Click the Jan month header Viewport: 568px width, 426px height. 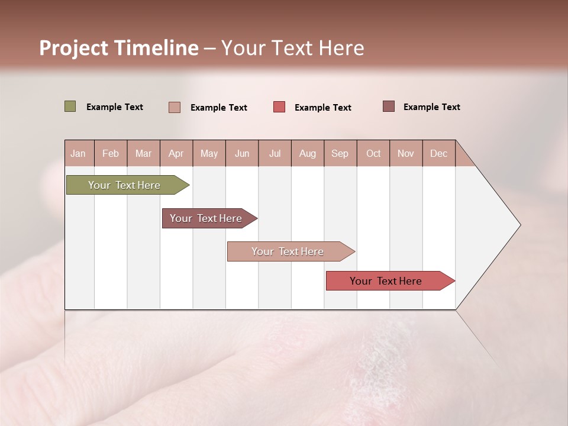tap(78, 153)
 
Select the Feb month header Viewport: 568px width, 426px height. tap(111, 153)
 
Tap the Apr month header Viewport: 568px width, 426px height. tap(176, 153)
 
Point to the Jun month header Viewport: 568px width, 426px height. tap(242, 153)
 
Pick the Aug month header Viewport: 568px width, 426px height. tap(307, 153)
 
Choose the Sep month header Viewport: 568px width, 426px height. tap(340, 153)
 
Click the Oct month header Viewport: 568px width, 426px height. tap(373, 153)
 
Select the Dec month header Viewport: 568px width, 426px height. tap(438, 153)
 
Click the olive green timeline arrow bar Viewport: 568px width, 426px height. tap(124, 185)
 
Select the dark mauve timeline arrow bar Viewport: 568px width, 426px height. tap(206, 218)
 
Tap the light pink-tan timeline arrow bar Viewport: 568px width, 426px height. tap(288, 251)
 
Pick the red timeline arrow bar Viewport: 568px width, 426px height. tap(386, 281)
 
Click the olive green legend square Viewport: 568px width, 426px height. tap(70, 106)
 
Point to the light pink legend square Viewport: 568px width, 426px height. tap(174, 107)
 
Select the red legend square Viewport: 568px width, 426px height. tap(279, 107)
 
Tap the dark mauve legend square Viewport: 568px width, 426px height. tap(388, 106)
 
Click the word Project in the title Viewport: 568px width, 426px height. tap(73, 48)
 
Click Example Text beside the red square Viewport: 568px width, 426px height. tap(322, 108)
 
